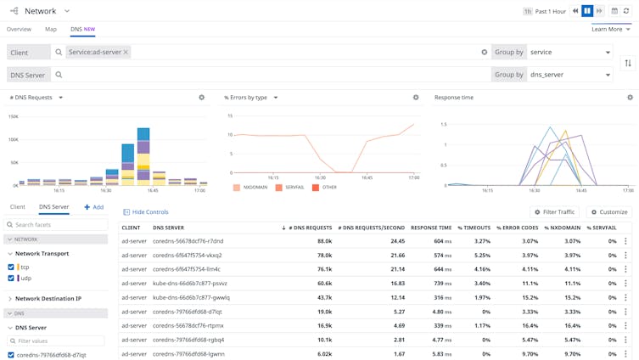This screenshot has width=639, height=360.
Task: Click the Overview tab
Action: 19,29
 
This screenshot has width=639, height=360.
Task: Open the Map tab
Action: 51,29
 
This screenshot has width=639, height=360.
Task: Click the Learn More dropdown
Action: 610,29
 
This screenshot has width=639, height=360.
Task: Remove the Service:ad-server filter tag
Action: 126,52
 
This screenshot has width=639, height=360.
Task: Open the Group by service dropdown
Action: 569,52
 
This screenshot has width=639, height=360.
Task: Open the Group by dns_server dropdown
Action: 569,75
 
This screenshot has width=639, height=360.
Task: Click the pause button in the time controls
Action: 587,11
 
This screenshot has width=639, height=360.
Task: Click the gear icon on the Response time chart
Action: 630,98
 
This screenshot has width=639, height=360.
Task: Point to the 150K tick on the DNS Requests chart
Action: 13,117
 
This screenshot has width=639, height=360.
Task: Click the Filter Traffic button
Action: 555,212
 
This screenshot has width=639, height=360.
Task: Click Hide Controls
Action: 146,212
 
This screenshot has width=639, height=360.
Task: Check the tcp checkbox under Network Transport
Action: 11,267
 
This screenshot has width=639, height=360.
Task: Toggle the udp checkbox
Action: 11,278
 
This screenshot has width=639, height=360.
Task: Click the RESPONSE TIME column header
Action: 431,228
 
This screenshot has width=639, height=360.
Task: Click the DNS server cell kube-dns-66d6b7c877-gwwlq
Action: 191,297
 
